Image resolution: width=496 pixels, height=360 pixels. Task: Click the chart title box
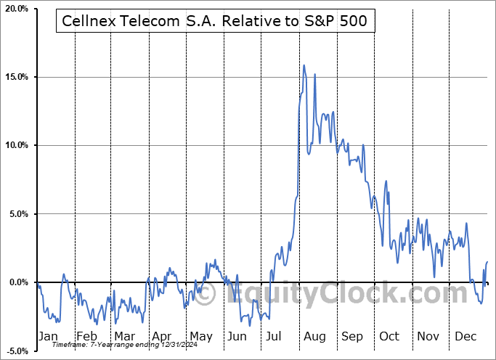click(214, 22)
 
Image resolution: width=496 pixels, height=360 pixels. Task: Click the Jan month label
click(48, 337)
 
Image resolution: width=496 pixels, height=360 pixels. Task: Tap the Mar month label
click(124, 337)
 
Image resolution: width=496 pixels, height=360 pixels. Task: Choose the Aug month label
click(314, 337)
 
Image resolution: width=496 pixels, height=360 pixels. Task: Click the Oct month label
click(389, 337)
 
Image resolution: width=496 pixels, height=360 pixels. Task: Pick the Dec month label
click(465, 337)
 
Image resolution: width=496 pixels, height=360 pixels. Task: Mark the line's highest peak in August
click(304, 65)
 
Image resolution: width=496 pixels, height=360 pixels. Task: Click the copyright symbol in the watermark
click(206, 294)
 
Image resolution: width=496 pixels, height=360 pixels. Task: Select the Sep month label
click(352, 337)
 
